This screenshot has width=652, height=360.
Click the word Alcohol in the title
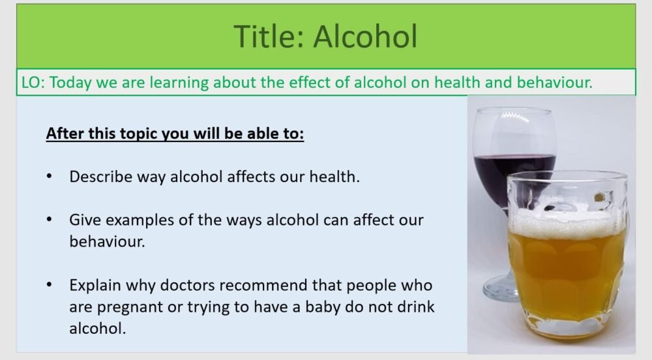tap(364, 37)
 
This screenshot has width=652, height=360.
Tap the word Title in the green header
tap(268, 37)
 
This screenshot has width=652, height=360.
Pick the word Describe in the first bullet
tap(98, 177)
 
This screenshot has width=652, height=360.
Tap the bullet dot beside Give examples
tap(50, 220)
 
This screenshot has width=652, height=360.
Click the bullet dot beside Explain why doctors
tap(50, 286)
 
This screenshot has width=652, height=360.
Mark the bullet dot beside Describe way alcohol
tap(50, 177)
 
